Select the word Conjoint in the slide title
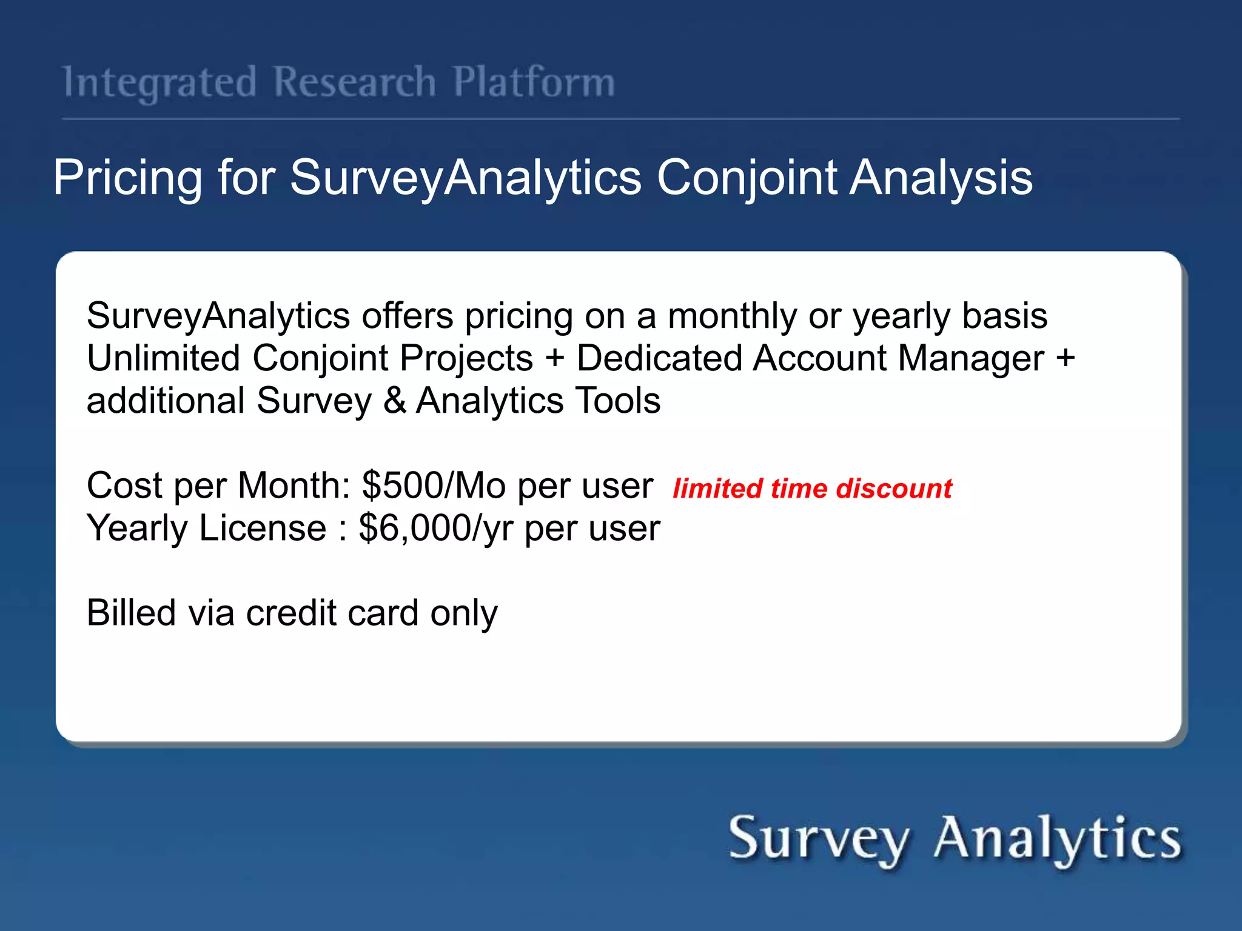point(747,178)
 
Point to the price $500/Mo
point(433,486)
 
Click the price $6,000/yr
point(435,529)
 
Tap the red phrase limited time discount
point(812,489)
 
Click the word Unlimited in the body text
point(163,358)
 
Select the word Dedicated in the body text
point(659,358)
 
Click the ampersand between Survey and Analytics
point(395,401)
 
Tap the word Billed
point(131,613)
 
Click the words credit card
point(332,613)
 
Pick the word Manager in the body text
point(971,358)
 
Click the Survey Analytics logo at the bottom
point(955,839)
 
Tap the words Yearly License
point(206,529)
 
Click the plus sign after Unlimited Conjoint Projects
point(554,358)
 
